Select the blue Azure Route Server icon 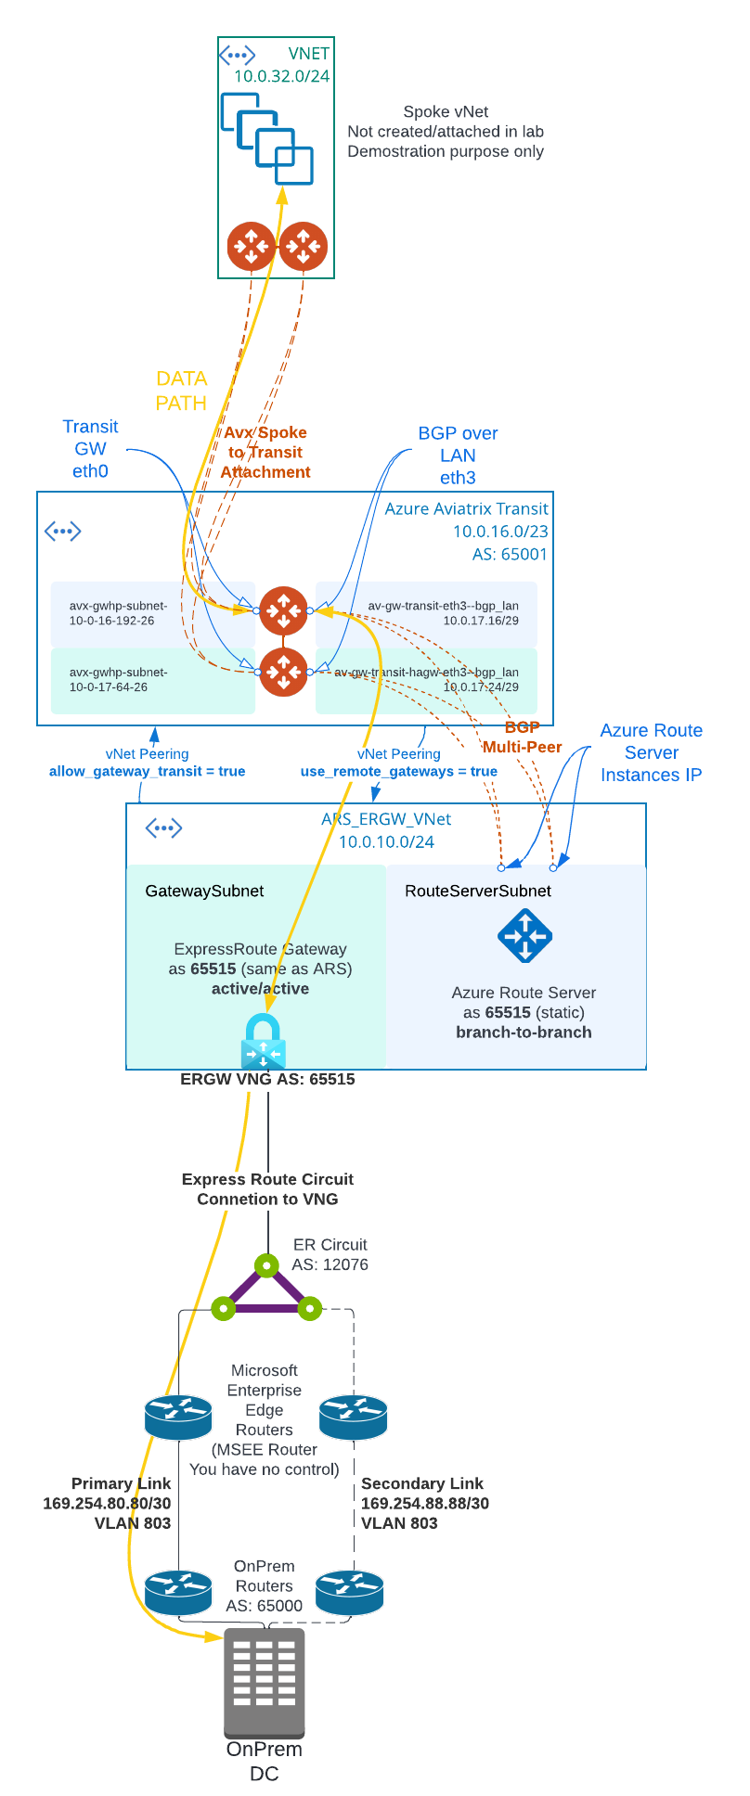tap(525, 935)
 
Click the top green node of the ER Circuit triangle tap(266, 1265)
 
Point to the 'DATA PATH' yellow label tap(181, 391)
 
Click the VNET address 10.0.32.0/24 tap(281, 76)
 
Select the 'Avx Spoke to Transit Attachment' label tap(265, 452)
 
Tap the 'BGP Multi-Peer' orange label tap(522, 738)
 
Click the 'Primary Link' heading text tap(121, 1483)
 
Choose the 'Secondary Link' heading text tap(421, 1483)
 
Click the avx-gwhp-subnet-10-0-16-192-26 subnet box tap(153, 613)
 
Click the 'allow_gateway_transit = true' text tap(147, 771)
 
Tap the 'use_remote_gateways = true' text tap(398, 771)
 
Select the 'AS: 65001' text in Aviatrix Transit tap(510, 554)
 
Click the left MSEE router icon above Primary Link tap(178, 1417)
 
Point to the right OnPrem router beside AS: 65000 tap(349, 1592)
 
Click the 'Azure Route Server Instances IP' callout tap(651, 752)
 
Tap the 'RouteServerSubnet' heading tap(477, 891)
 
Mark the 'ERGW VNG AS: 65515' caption tap(267, 1079)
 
